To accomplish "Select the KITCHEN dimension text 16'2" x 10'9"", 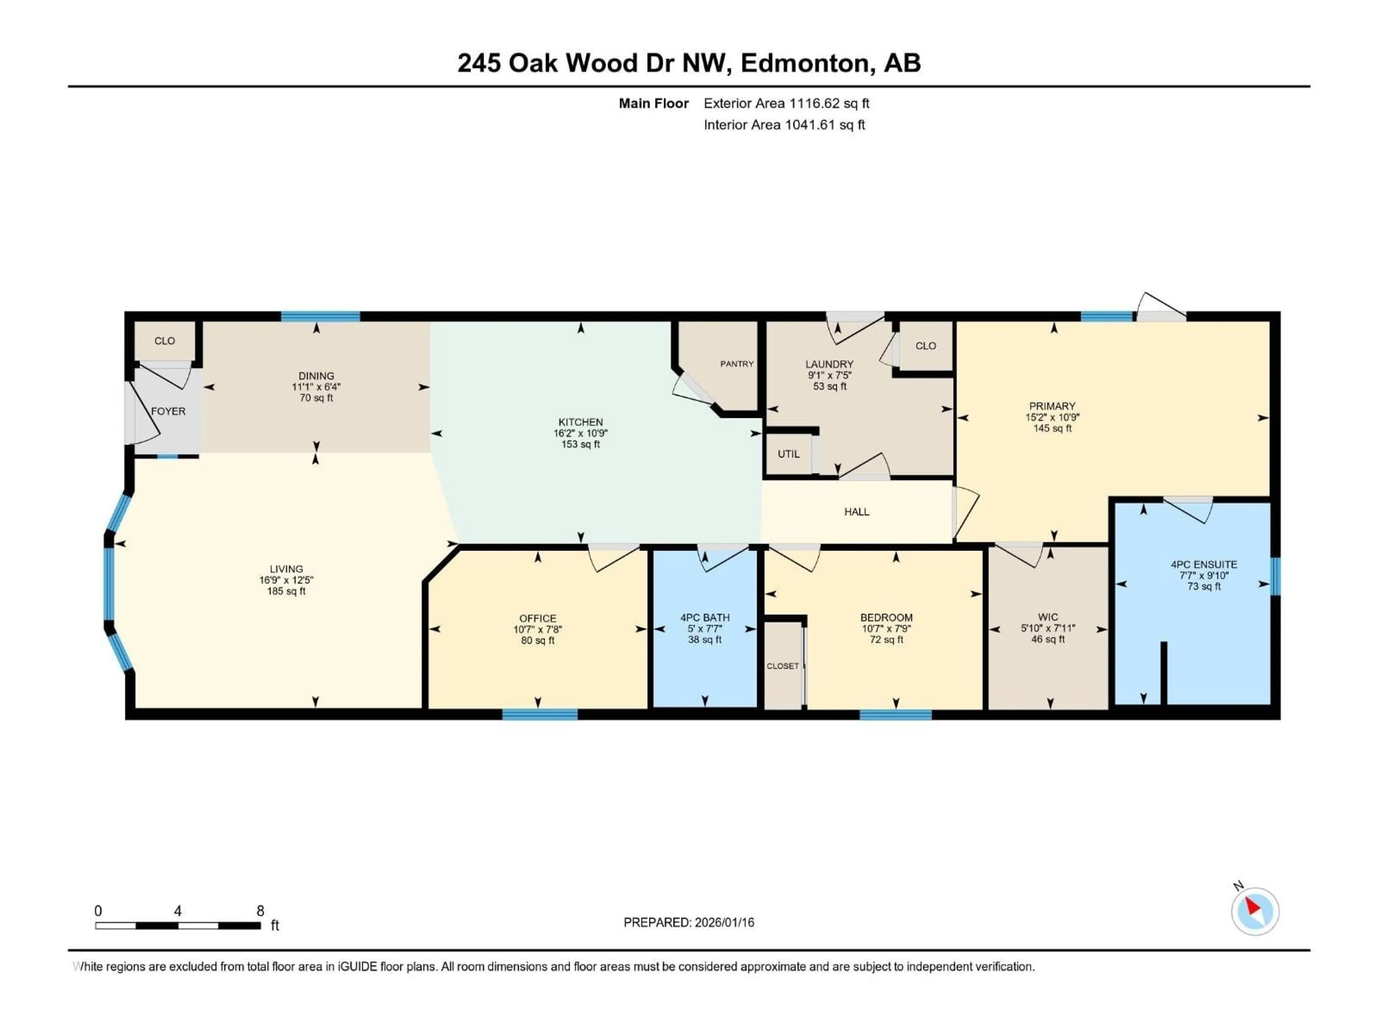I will [580, 433].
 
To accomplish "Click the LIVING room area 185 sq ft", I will [286, 591].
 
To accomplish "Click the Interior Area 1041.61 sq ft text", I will [784, 125].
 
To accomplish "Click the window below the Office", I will [540, 714].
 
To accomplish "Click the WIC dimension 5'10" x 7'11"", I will [1048, 628].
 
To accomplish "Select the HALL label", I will [856, 512].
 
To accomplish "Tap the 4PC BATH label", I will [705, 618].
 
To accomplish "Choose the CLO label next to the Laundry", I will [926, 346].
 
